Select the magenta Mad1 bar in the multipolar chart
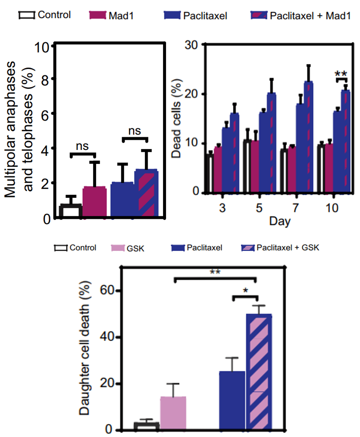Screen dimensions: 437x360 94,202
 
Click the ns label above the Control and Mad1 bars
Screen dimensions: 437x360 82,147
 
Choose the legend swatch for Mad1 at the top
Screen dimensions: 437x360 98,15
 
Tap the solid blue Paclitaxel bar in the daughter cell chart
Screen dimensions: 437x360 232,400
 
